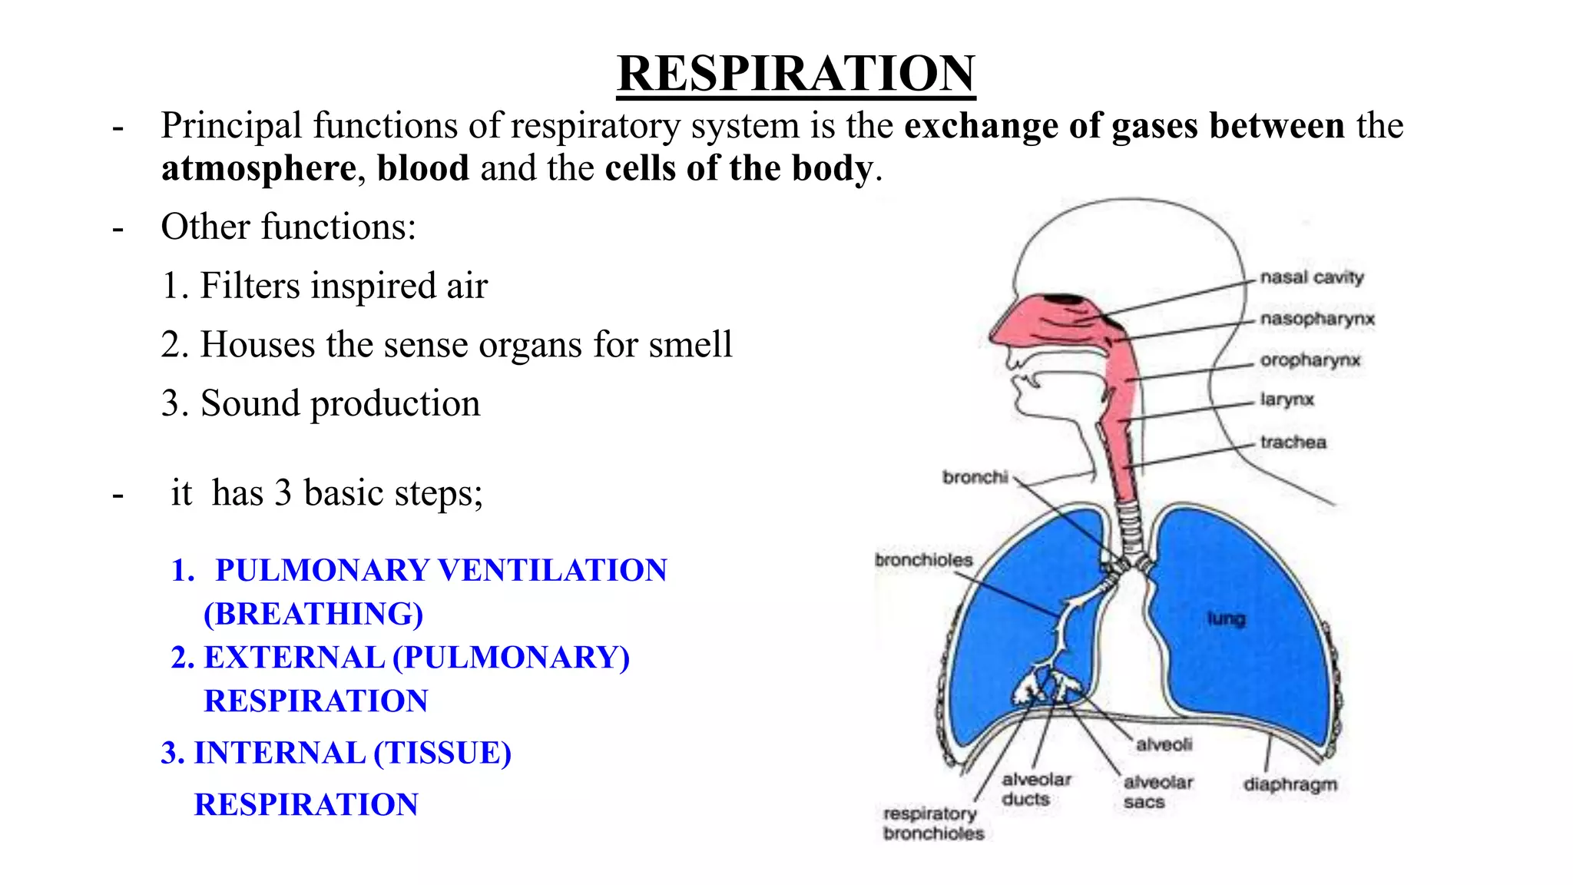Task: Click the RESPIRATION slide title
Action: click(796, 74)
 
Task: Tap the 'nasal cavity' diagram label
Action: click(1312, 277)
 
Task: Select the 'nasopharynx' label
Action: click(1317, 319)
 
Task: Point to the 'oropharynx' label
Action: click(1310, 360)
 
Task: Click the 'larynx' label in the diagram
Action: click(1287, 399)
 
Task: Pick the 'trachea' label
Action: click(1293, 442)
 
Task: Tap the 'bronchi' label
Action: click(975, 477)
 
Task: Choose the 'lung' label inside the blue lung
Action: click(1226, 618)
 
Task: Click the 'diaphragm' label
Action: click(1290, 784)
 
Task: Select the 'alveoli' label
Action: click(1164, 744)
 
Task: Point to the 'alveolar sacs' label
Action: click(1157, 792)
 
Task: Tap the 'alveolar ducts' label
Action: click(1036, 789)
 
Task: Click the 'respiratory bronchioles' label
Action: click(933, 824)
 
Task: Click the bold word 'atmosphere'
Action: click(259, 168)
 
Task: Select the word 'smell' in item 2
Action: click(690, 345)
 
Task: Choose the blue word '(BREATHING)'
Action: click(313, 614)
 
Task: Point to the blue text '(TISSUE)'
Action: click(442, 753)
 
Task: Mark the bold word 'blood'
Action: click(423, 168)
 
